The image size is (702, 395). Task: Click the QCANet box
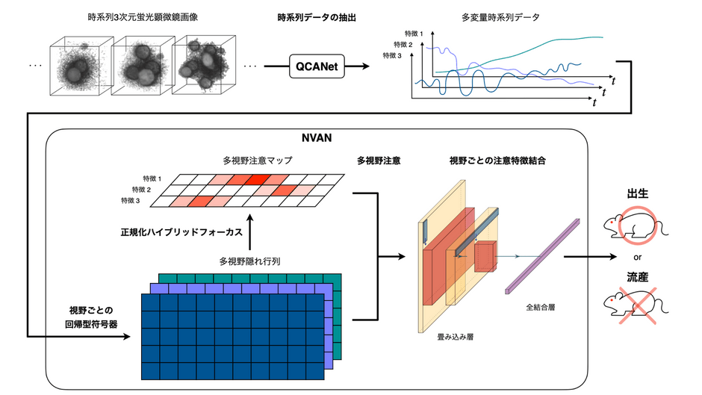coord(317,66)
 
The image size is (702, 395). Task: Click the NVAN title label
coord(317,138)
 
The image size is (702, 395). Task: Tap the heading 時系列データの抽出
coord(317,18)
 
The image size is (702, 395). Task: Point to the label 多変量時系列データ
coord(500,18)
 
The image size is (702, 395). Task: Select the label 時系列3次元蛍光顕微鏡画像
coord(143,17)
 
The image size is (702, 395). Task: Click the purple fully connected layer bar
coord(543,256)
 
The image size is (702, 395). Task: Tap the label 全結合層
coord(541,307)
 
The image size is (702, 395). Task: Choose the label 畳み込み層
coord(456,337)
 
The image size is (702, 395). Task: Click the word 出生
coord(638,193)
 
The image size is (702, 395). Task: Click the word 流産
coord(638,277)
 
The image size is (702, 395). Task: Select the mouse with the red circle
coord(636,226)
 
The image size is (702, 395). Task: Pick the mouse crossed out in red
coord(636,306)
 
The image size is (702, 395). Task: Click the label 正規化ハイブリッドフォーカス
coord(181,232)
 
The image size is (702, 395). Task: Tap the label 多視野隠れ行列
coord(249,261)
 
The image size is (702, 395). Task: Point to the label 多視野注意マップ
coord(258,161)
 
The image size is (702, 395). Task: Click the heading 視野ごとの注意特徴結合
coord(497,161)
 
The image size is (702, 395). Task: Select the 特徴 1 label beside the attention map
coord(152,178)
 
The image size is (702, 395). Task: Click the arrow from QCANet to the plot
coord(357,66)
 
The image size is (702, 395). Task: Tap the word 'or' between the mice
coord(638,258)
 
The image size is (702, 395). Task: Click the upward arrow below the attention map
coord(250,232)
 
